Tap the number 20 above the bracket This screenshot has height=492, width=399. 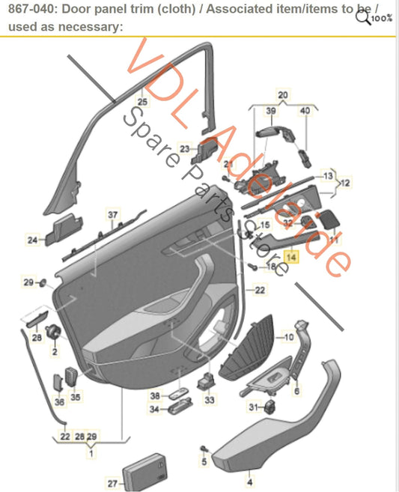pos(283,95)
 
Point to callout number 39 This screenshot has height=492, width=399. pos(271,111)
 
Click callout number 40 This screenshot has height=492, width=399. pos(304,111)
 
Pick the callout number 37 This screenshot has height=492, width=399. pos(112,215)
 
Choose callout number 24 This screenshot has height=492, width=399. pos(32,240)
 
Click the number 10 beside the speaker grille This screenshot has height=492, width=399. pos(289,338)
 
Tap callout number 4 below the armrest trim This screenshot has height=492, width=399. pos(250,473)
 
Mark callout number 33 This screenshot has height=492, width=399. pos(209,401)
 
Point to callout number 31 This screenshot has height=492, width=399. pos(253,407)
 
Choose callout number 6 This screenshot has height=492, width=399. pos(296,390)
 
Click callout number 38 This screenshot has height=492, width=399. pos(154,395)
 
